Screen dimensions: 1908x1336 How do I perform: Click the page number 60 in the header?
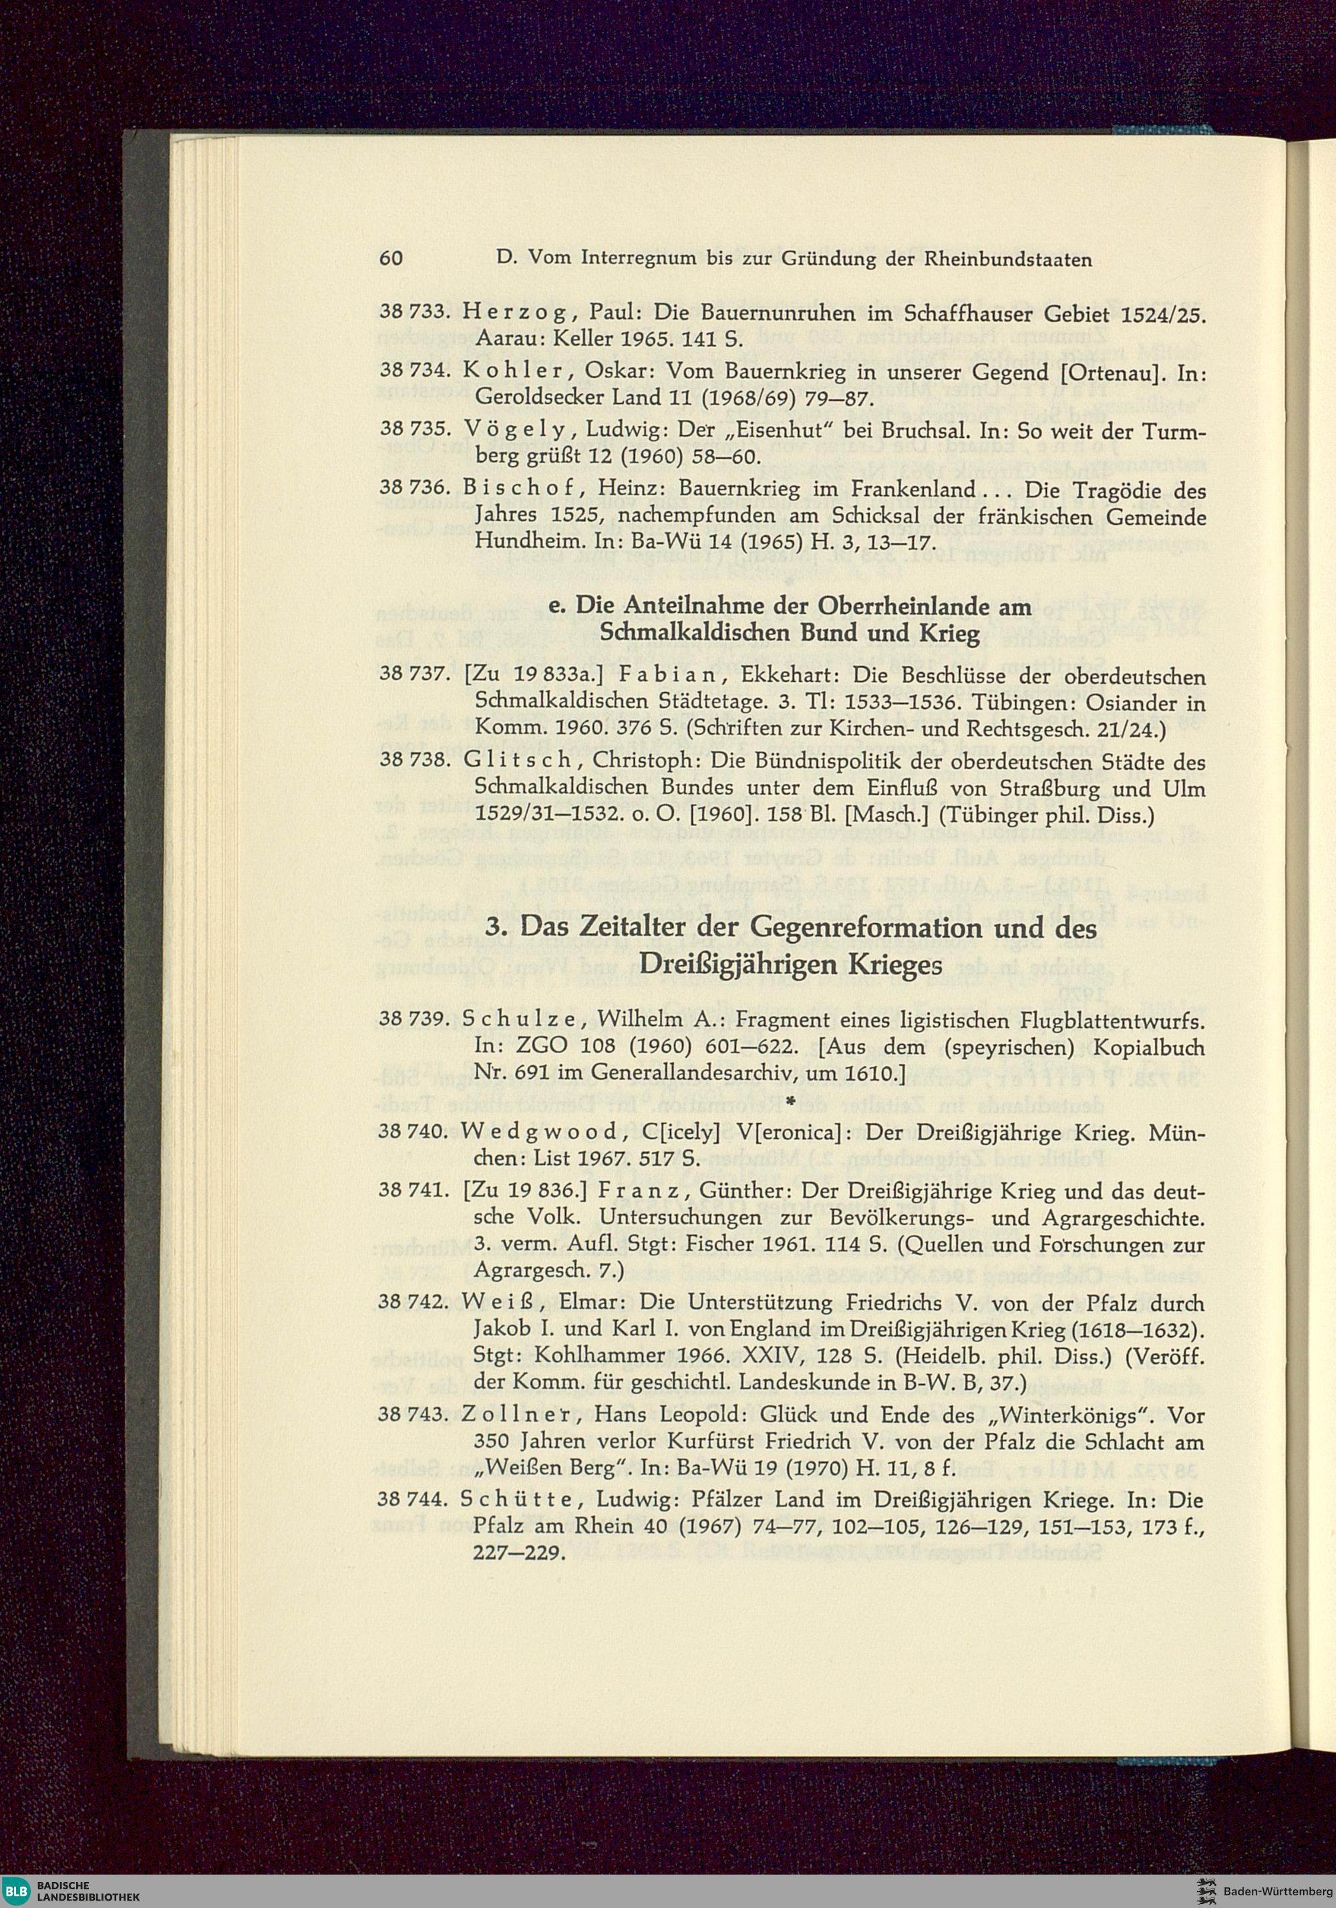[391, 259]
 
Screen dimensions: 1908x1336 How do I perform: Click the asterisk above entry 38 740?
[790, 1102]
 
